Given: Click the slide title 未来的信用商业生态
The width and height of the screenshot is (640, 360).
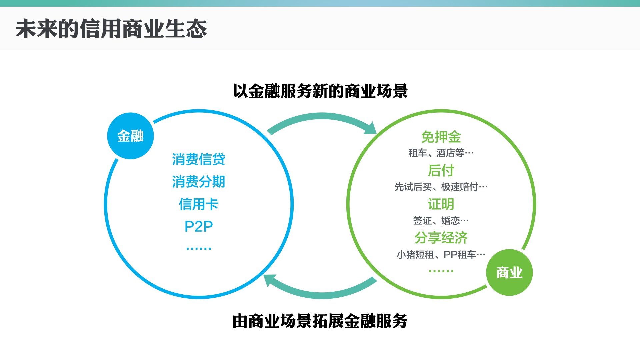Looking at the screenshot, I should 111,29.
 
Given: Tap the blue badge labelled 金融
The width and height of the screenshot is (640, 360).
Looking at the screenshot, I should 130,136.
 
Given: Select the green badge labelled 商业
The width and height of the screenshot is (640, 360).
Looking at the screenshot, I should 509,272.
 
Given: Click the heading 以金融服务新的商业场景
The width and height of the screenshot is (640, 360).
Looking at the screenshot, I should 320,91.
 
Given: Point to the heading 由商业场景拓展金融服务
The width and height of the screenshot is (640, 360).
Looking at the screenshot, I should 320,321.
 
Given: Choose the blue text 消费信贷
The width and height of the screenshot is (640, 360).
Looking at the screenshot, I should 199,159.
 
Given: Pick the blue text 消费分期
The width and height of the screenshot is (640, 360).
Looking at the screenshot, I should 199,182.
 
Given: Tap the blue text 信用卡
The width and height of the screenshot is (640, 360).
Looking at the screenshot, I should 199,204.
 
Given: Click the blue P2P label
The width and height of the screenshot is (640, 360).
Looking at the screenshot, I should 199,227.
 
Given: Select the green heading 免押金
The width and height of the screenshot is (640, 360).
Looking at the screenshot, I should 441,137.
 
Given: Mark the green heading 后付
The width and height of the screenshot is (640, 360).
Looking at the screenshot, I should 441,171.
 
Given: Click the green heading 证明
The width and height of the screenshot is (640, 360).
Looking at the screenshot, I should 441,204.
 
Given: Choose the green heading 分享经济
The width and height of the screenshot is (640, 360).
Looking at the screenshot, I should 441,238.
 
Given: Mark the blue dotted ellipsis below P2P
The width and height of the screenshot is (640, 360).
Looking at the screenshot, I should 199,248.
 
